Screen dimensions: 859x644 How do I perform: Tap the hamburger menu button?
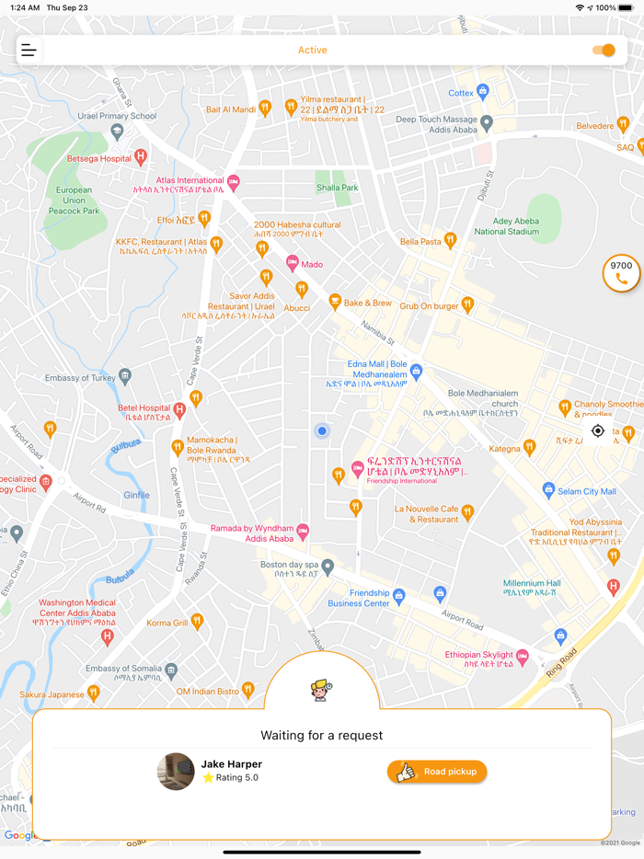[29, 51]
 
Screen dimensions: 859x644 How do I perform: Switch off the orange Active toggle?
[604, 51]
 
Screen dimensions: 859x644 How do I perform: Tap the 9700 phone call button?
[621, 273]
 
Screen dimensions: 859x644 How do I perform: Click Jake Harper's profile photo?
[176, 772]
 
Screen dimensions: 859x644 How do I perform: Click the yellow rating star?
[208, 778]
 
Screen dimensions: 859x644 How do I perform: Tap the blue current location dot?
[322, 430]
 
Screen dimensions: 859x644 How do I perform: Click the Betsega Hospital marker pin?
[141, 157]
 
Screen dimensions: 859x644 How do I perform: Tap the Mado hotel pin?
[293, 263]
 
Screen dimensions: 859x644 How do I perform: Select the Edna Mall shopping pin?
[416, 372]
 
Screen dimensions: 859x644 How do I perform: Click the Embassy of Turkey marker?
[125, 376]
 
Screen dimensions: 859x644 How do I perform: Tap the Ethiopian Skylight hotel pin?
[523, 656]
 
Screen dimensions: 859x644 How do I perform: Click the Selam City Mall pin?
[549, 490]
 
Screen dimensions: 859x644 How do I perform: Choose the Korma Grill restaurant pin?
[197, 622]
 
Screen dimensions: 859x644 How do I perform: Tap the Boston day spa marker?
[328, 567]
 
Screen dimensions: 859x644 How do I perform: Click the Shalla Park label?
[338, 188]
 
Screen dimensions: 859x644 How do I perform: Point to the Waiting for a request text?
[322, 735]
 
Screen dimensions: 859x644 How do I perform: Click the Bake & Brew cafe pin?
[335, 302]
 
